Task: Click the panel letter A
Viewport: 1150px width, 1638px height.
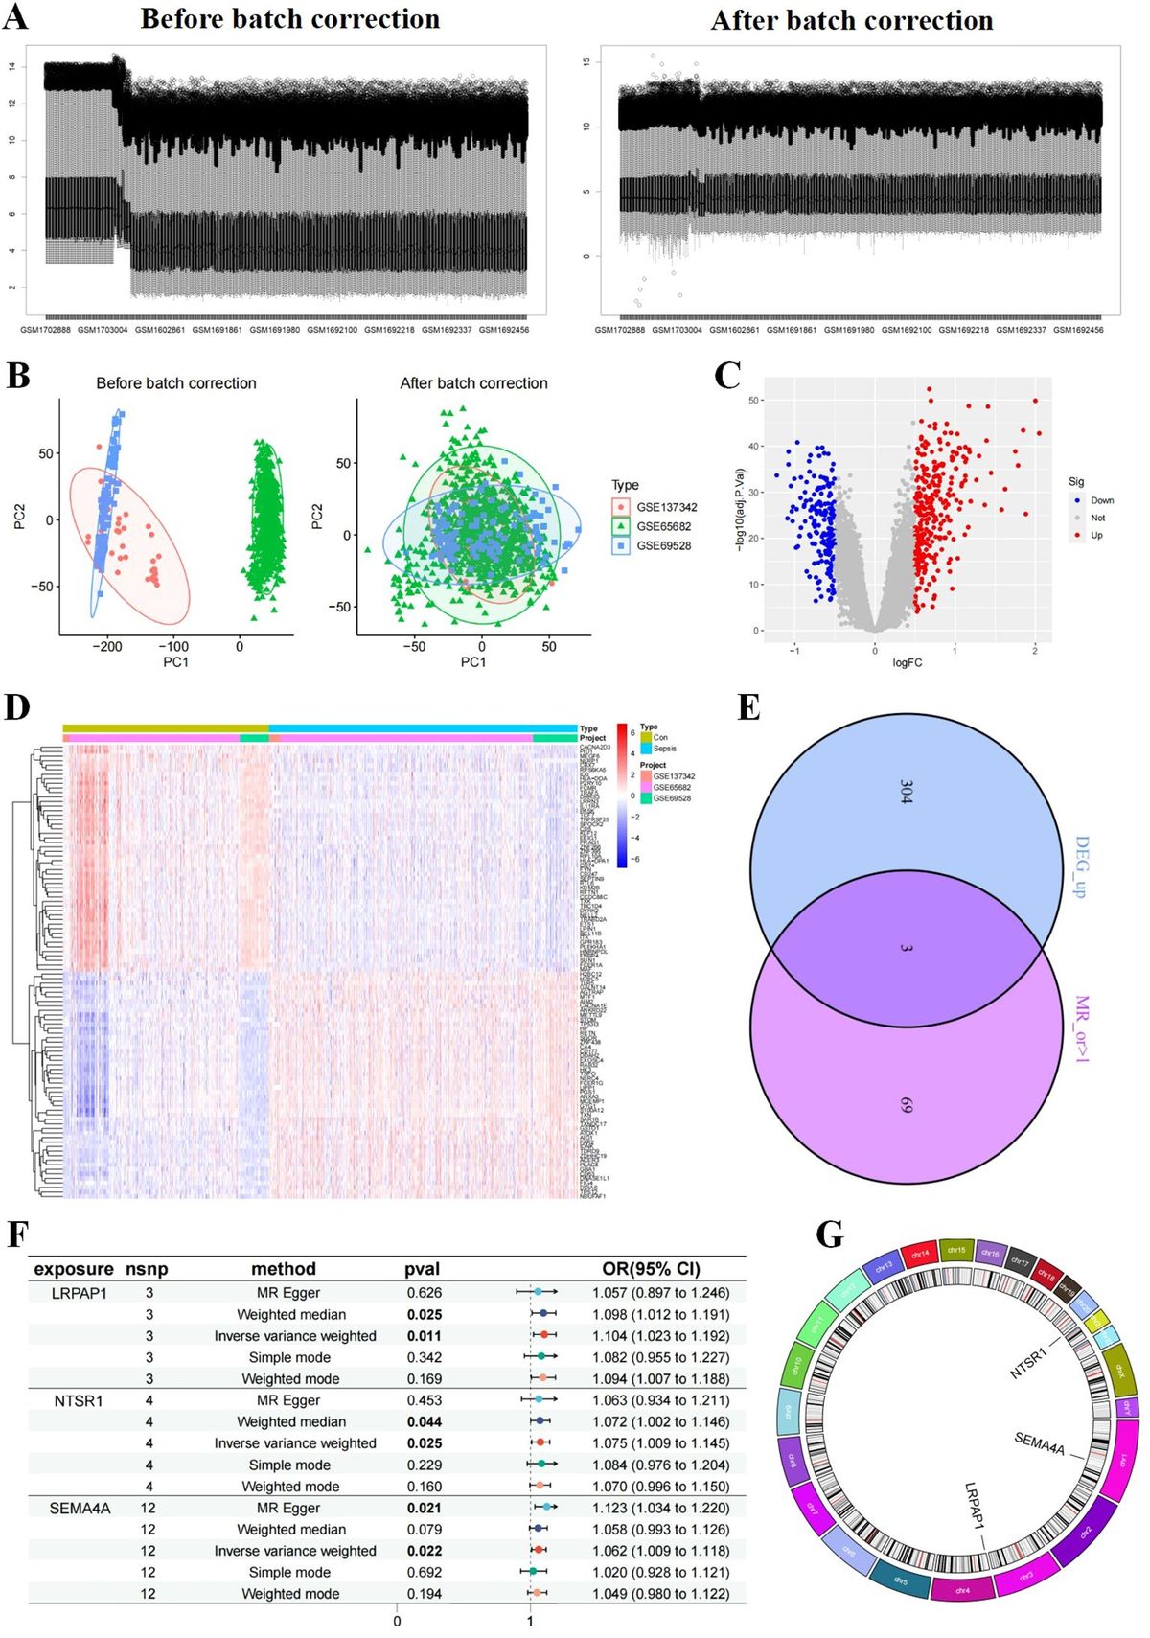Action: (15, 17)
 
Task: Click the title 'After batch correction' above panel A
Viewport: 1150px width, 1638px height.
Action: (851, 20)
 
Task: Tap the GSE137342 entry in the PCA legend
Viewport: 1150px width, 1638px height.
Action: (666, 507)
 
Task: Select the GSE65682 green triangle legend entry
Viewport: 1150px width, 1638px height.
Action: (663, 526)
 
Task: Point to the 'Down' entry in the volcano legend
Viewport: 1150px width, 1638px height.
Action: (1101, 500)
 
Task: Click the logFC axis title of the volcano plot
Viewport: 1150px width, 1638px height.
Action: (907, 662)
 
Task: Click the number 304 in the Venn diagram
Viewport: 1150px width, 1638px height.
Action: (907, 792)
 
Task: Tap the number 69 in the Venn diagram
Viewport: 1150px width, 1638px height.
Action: (907, 1105)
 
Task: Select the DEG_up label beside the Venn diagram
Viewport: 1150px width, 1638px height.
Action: (1082, 866)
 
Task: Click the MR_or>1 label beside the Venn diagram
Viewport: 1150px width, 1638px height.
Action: (1082, 1028)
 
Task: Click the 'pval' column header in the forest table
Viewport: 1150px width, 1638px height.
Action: (422, 1269)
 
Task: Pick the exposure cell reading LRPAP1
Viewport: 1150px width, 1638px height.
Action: (80, 1293)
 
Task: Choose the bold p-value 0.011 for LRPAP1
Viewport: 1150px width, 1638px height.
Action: (425, 1335)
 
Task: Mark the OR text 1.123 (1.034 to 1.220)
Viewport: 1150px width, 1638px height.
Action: (660, 1508)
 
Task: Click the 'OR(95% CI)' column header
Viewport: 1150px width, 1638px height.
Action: (651, 1269)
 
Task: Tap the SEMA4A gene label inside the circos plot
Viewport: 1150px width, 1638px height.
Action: (1039, 1443)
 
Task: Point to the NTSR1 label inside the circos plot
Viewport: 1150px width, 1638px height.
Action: (1028, 1363)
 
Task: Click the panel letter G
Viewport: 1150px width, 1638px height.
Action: (830, 1234)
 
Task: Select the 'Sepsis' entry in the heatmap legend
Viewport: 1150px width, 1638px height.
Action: (664, 749)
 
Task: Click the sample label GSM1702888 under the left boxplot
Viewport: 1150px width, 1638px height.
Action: (45, 330)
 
